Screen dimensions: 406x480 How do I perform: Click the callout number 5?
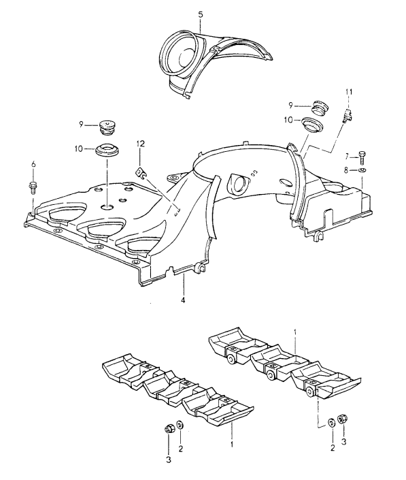pos(200,14)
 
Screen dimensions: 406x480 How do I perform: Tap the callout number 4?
pos(183,300)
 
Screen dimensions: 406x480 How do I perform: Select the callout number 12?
pos(141,144)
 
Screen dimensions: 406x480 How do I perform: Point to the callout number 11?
pos(349,91)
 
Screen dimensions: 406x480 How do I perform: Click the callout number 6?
pos(33,164)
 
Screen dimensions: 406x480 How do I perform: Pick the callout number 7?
pos(347,157)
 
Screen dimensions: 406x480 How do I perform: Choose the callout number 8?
pos(346,170)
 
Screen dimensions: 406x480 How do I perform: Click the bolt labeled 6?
pos(33,187)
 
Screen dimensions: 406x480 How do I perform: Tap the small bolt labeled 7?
pos(362,158)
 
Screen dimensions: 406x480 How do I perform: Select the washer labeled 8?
pos(362,170)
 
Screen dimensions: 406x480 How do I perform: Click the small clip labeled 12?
pos(140,173)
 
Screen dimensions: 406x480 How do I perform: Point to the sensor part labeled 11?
pos(348,116)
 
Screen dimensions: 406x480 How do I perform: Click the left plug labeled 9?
pos(108,127)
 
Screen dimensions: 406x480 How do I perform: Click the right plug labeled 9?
pos(319,106)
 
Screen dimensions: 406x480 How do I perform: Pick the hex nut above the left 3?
pos(169,428)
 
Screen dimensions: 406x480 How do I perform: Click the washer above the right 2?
pos(331,422)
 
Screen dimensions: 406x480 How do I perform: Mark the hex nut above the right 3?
pos(342,419)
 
